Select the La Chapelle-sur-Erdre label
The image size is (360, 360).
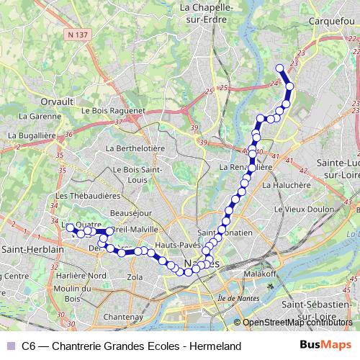tap(208, 13)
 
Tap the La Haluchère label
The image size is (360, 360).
tap(286, 184)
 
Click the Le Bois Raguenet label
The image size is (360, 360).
tap(114, 111)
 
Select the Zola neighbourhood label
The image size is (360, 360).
tap(135, 276)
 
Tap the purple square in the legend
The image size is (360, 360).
tap(9, 346)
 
